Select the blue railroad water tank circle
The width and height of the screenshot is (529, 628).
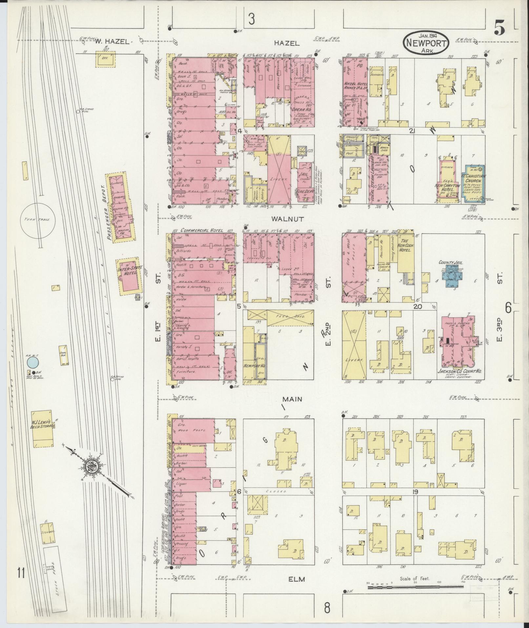pyautogui.click(x=33, y=363)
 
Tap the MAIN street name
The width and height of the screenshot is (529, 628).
pyautogui.click(x=293, y=399)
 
